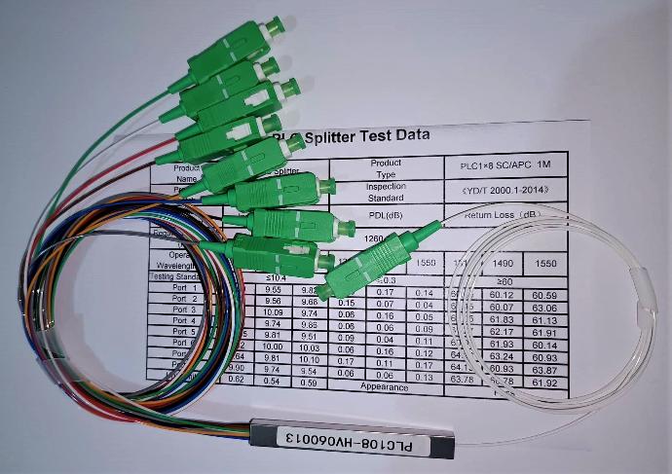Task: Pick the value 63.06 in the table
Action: [544, 308]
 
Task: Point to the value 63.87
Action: [544, 370]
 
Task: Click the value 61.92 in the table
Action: [544, 383]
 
